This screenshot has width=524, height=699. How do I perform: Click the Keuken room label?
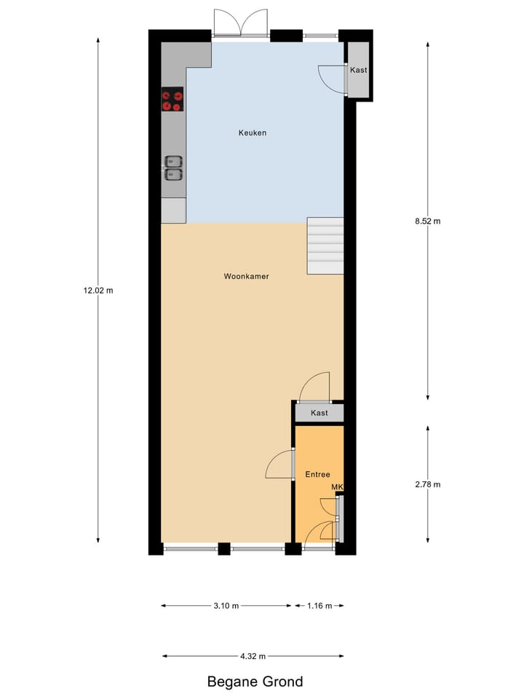(x=253, y=133)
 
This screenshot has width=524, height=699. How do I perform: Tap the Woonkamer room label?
(x=246, y=277)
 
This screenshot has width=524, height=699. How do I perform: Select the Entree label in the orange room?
(x=318, y=474)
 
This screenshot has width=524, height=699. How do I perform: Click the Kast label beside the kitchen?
(x=358, y=71)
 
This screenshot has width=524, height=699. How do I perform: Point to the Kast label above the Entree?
(x=319, y=413)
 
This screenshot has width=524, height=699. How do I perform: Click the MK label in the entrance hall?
(x=336, y=487)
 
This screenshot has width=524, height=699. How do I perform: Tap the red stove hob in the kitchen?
(x=172, y=100)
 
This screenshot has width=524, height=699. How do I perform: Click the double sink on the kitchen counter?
(x=173, y=167)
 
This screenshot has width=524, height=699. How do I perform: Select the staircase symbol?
(x=325, y=245)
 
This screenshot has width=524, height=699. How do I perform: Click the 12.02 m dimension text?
(x=98, y=290)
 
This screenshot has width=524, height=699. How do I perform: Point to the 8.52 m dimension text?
(x=427, y=221)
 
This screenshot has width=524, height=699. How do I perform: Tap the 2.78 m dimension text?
(x=427, y=484)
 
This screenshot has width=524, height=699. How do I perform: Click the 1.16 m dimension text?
(x=319, y=606)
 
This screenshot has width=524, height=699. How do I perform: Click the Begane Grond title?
(x=255, y=682)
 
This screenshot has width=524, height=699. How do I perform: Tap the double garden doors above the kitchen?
(x=241, y=23)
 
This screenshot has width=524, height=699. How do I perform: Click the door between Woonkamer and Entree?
(x=281, y=465)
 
